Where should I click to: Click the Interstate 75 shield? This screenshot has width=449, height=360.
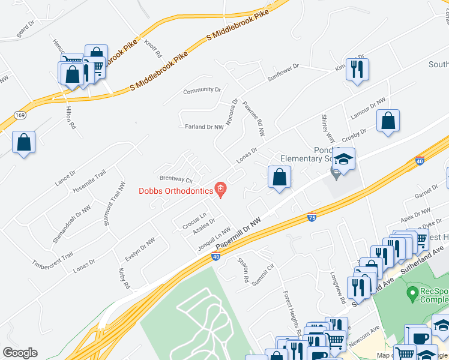click(312, 217)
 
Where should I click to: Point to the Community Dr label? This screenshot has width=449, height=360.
click(202, 90)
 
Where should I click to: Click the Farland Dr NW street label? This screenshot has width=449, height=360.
click(204, 127)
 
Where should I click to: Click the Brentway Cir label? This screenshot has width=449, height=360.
click(176, 179)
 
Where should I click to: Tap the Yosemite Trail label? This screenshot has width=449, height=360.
click(89, 181)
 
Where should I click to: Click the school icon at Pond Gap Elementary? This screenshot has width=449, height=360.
click(345, 159)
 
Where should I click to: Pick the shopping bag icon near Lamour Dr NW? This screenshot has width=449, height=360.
click(388, 120)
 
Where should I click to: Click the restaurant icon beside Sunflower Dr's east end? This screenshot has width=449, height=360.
click(357, 69)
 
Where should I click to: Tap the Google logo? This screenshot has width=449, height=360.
click(20, 353)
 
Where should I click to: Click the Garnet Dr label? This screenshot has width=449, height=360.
click(427, 191)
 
